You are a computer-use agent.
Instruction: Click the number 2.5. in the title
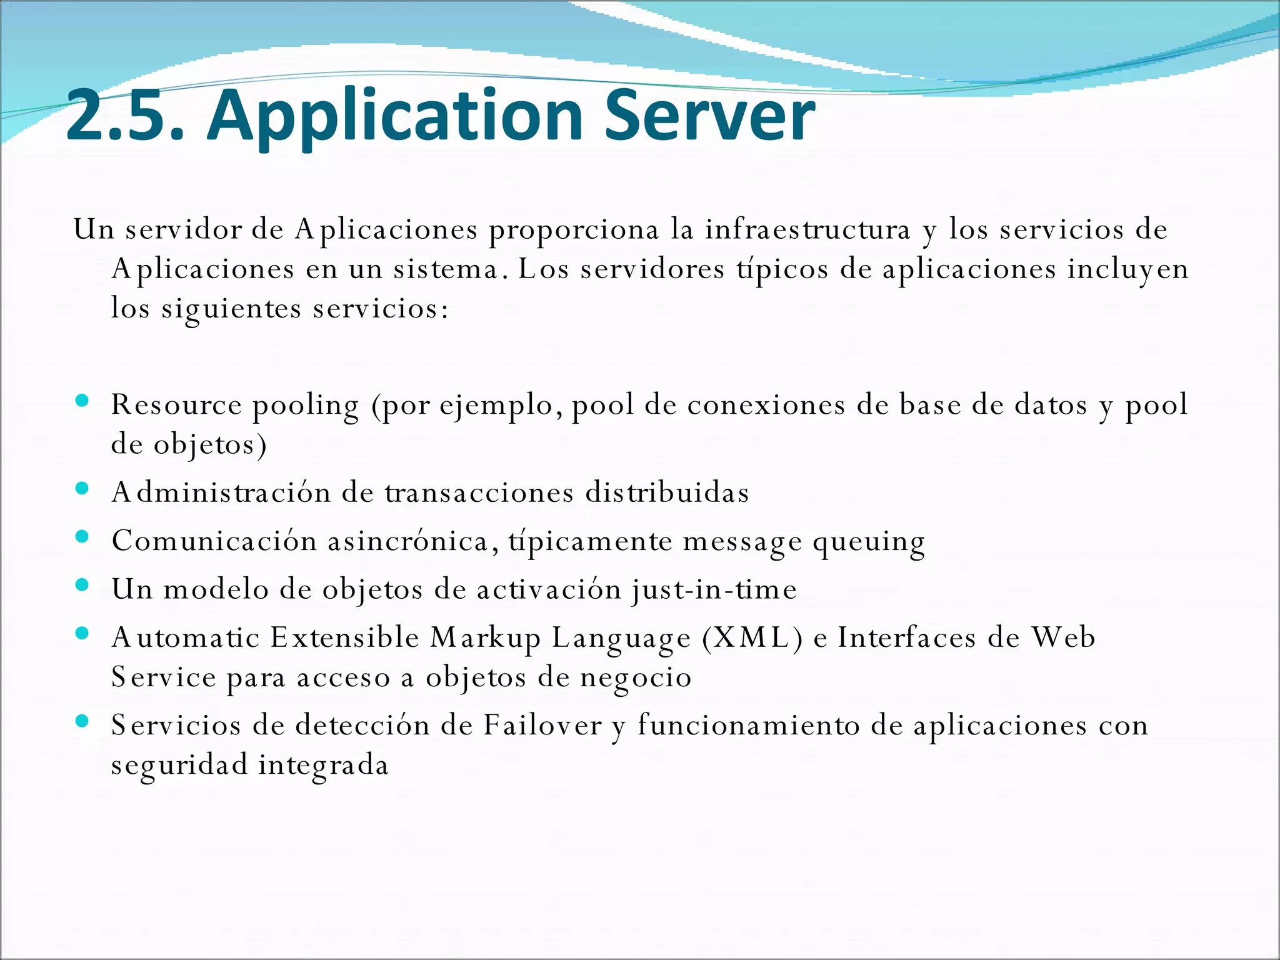[125, 116]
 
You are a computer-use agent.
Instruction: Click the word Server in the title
[709, 116]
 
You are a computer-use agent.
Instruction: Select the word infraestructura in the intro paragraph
[807, 229]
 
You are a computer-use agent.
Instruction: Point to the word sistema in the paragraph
[446, 269]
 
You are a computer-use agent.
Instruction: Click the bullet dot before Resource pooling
[82, 401]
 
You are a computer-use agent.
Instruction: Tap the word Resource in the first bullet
[176, 404]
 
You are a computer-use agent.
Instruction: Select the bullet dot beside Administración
[82, 488]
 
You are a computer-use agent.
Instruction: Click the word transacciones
[479, 493]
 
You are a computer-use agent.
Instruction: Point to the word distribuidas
[667, 493]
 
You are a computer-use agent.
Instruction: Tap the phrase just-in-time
[714, 590]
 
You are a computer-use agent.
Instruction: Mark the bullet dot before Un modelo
[82, 585]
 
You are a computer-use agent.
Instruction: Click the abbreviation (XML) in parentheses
[752, 638]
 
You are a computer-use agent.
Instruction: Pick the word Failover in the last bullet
[542, 726]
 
